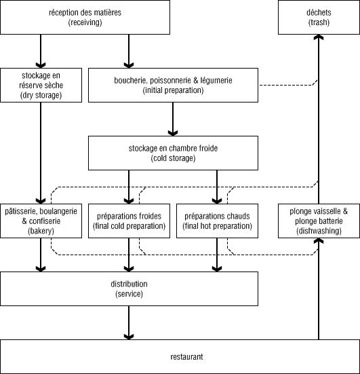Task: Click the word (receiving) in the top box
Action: (x=85, y=22)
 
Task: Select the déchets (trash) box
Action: (x=319, y=17)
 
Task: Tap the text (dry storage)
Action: (x=41, y=96)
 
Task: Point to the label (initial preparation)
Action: (x=173, y=90)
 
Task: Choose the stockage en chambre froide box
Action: (x=173, y=153)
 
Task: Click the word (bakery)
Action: (x=41, y=231)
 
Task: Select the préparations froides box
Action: (x=129, y=221)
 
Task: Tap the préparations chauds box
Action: (x=217, y=221)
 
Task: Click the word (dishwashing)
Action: (x=319, y=231)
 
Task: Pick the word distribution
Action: (x=129, y=284)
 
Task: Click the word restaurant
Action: (x=186, y=357)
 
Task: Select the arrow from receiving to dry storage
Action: (x=41, y=52)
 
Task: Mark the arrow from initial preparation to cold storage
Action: (x=173, y=119)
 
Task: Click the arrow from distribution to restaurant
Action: (x=129, y=322)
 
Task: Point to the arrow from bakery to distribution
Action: (x=41, y=255)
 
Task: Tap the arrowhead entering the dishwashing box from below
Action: (x=319, y=241)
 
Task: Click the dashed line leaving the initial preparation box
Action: (x=289, y=85)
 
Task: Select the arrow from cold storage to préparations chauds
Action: (x=217, y=187)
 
